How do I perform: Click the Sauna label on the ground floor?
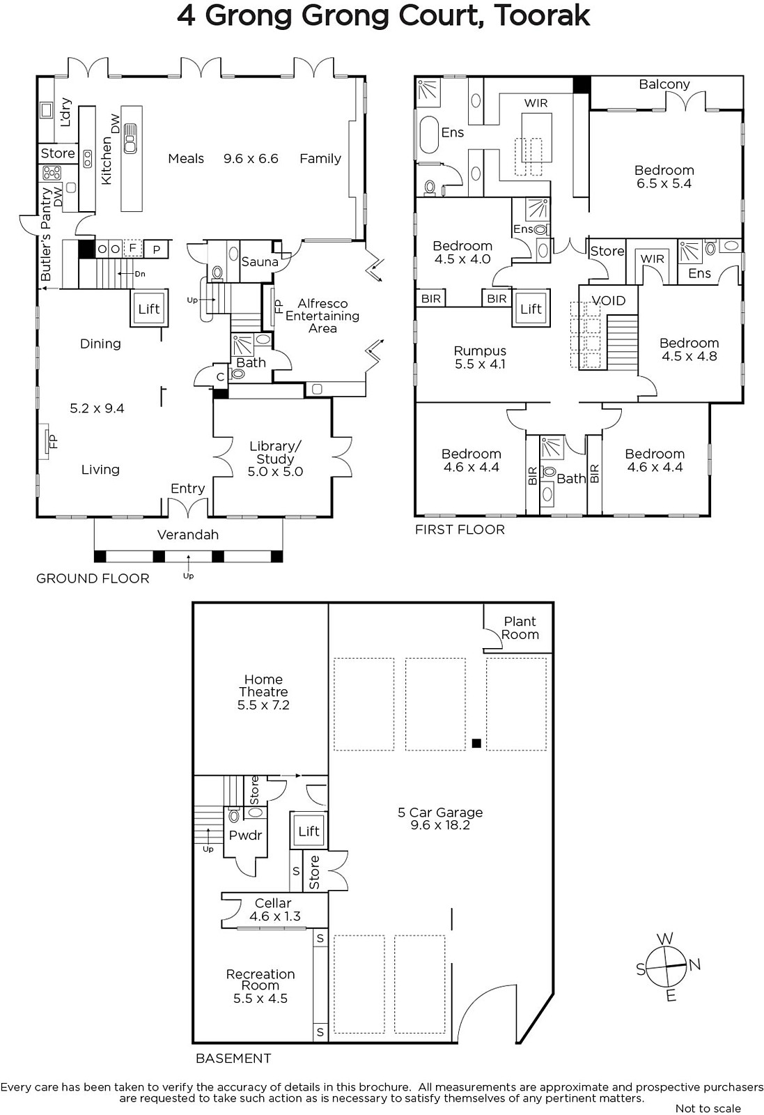(260, 262)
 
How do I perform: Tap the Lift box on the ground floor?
(149, 309)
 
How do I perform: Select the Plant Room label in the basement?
(520, 628)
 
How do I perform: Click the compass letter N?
(695, 964)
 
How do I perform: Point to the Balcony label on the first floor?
(664, 84)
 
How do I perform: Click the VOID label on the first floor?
(608, 300)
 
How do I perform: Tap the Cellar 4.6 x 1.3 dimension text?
(275, 916)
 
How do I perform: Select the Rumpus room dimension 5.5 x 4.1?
(480, 364)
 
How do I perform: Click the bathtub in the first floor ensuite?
(429, 135)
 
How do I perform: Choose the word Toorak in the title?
(542, 16)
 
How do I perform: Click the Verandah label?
(188, 535)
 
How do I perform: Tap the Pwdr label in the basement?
(245, 836)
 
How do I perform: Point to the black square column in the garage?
(476, 744)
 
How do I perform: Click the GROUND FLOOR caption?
(93, 578)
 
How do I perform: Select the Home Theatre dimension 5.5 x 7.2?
(263, 705)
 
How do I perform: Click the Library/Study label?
(275, 452)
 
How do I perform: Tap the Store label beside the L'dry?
(58, 153)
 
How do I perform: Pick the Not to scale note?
(708, 1108)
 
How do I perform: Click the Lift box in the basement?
(309, 831)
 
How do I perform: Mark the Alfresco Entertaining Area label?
(322, 316)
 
